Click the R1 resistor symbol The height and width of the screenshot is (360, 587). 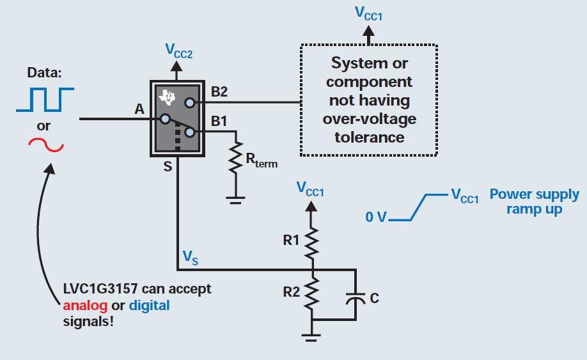312,242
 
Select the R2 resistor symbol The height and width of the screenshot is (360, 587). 312,293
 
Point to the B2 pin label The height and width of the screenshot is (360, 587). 219,91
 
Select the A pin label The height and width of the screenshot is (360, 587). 139,109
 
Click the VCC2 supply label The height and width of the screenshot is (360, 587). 178,51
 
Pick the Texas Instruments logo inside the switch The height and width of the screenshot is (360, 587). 168,97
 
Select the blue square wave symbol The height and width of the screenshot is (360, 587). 45,98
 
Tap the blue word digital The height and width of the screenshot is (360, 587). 150,305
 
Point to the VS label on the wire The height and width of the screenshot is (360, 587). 189,257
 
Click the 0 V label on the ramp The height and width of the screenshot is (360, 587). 377,217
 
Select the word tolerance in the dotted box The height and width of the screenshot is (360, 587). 369,137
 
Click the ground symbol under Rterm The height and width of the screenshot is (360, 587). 237,200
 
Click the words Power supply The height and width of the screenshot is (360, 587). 534,194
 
